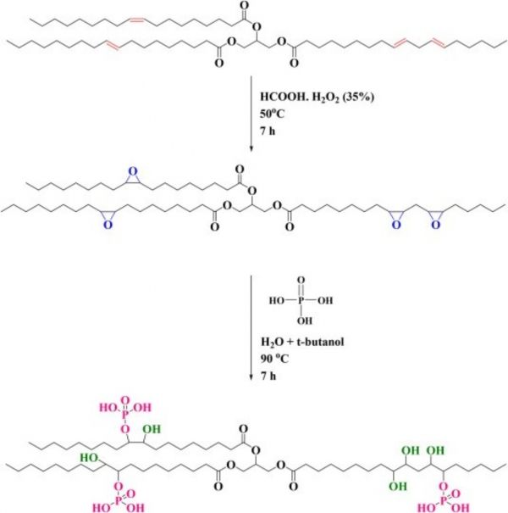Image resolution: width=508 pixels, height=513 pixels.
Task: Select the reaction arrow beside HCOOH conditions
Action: [251, 114]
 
